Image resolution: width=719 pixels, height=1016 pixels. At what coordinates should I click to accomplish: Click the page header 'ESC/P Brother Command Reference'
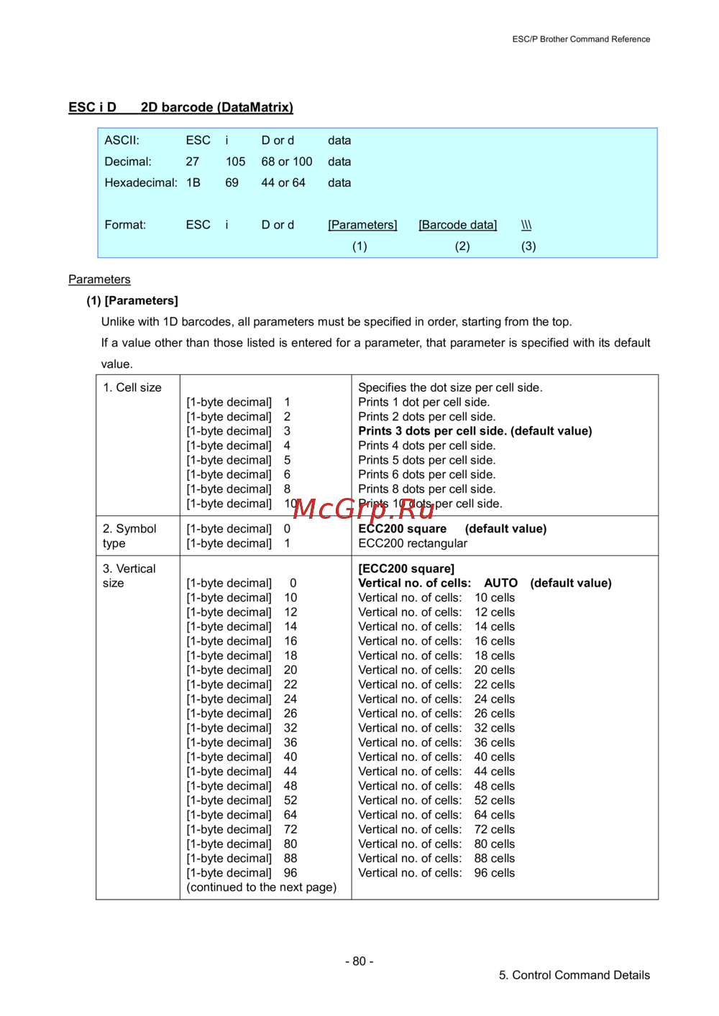pos(581,40)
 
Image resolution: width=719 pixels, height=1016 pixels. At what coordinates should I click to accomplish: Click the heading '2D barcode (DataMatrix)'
pos(216,108)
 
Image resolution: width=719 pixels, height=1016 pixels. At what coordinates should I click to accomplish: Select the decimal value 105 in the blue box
pos(235,162)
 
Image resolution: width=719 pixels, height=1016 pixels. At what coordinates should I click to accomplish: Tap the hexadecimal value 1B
pos(193,183)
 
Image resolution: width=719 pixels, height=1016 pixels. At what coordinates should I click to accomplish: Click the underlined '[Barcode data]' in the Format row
pos(457,225)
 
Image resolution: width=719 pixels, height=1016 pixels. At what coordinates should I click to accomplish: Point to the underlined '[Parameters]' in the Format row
pos(362,225)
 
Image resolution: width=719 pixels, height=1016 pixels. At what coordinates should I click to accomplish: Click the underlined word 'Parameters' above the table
pos(99,280)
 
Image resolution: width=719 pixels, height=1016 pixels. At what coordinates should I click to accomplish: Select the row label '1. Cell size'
pos(132,387)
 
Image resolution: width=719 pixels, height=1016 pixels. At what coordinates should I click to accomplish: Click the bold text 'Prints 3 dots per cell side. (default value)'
pos(475,431)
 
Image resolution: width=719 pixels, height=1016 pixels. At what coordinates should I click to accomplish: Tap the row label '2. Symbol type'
pos(129,536)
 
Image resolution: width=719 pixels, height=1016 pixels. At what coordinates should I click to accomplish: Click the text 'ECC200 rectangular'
pos(413,543)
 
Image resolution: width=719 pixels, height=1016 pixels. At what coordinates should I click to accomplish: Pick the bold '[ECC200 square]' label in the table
pos(406,568)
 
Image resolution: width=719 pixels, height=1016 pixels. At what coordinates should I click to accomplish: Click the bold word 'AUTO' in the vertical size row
pos(500,583)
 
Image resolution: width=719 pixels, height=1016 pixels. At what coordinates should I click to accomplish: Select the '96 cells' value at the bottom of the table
pos(494,873)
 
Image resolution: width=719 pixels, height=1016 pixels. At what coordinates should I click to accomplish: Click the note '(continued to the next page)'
pos(261,887)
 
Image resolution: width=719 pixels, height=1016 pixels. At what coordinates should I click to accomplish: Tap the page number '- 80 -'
pos(359,961)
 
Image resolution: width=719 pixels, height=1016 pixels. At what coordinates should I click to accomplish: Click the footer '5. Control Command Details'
pos(574,975)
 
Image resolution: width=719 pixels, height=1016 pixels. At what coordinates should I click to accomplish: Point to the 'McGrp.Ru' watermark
pos(364,509)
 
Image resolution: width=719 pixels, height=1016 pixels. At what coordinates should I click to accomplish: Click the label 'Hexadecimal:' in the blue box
pos(141,183)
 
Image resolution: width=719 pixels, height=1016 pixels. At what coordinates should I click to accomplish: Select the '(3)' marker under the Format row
pos(528,246)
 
